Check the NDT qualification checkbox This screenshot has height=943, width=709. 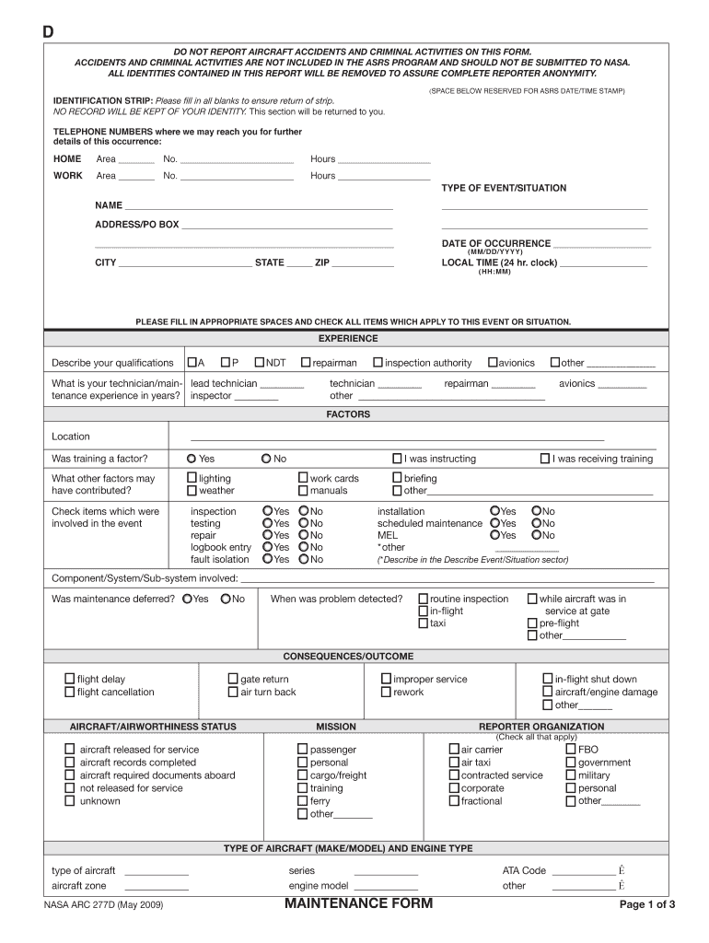pos(260,363)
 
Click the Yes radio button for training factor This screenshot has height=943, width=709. pos(192,459)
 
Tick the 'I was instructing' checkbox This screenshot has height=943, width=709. pos(398,459)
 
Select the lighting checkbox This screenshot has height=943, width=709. pos(192,478)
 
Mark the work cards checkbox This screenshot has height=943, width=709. pos(303,478)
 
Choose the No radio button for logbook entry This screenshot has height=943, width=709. pos(303,547)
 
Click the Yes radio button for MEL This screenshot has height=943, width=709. pos(495,535)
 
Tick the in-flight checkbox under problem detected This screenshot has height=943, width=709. pos(424,611)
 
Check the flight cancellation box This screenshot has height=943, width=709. pos(70,692)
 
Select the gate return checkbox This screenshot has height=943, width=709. pos(234,679)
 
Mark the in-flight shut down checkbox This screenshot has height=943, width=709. pos(548,679)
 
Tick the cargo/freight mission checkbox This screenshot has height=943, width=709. pos(303,775)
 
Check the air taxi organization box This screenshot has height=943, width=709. pos(454,763)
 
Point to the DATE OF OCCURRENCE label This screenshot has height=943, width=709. pos(496,244)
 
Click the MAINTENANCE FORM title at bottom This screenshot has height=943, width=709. pos(358,903)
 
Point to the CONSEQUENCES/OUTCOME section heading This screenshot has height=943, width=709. pos(348,657)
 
